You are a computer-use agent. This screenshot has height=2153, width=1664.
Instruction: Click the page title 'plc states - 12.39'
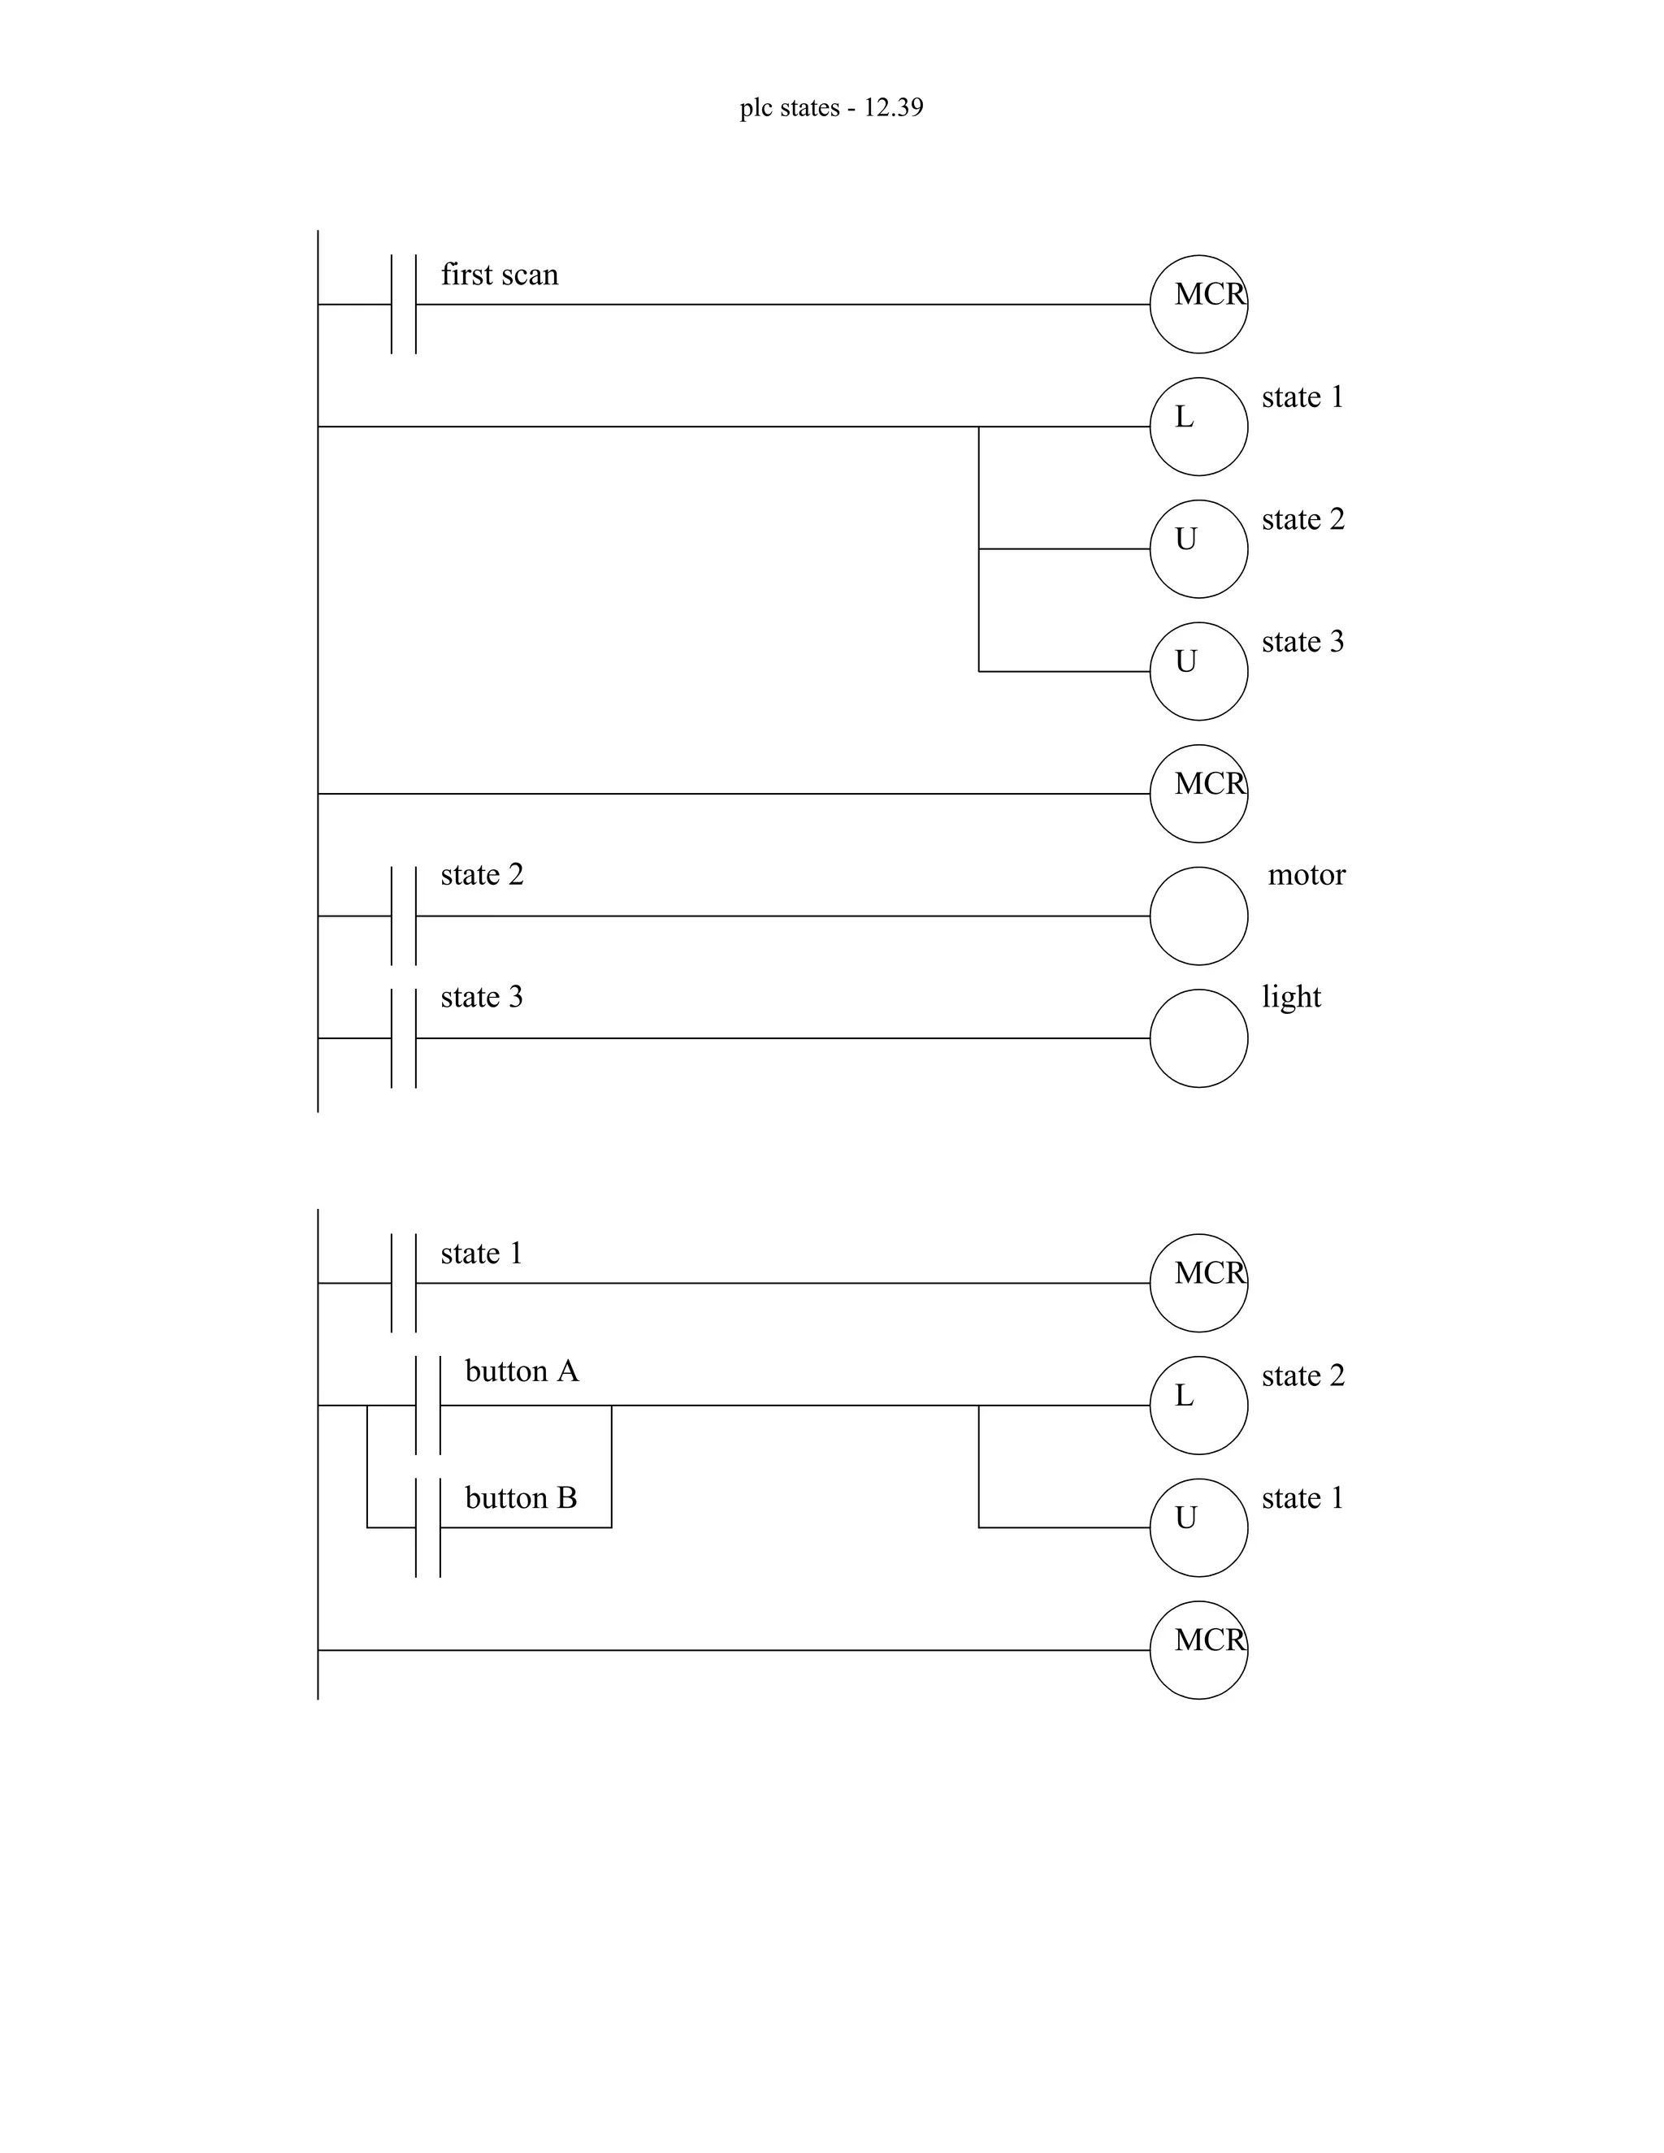[831, 107]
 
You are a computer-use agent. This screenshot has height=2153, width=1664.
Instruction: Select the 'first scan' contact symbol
[403, 305]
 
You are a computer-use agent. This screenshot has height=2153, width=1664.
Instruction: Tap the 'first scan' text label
[499, 275]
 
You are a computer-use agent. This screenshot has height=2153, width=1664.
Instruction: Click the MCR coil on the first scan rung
[1198, 305]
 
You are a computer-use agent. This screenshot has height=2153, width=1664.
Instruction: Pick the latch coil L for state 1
[1198, 427]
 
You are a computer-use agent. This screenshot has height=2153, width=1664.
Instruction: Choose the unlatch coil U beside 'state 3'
[1198, 671]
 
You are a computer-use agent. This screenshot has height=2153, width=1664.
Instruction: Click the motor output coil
[1198, 916]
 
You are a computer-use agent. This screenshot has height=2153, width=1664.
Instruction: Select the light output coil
[1198, 1038]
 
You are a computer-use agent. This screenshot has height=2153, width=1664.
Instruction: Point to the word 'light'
[1290, 997]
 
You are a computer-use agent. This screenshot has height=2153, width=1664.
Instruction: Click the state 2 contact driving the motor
[403, 916]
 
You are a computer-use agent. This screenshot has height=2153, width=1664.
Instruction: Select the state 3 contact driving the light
[403, 1038]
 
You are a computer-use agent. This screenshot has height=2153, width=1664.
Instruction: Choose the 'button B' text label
[521, 1498]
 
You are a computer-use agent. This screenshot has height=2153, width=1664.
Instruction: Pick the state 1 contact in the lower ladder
[403, 1283]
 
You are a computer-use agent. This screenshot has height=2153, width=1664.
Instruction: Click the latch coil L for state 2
[1198, 1405]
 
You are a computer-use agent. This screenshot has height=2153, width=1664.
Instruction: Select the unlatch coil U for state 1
[1198, 1527]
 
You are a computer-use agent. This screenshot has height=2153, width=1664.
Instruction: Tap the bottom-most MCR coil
[1198, 1649]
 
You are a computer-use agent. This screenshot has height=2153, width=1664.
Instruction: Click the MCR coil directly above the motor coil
[1198, 794]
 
